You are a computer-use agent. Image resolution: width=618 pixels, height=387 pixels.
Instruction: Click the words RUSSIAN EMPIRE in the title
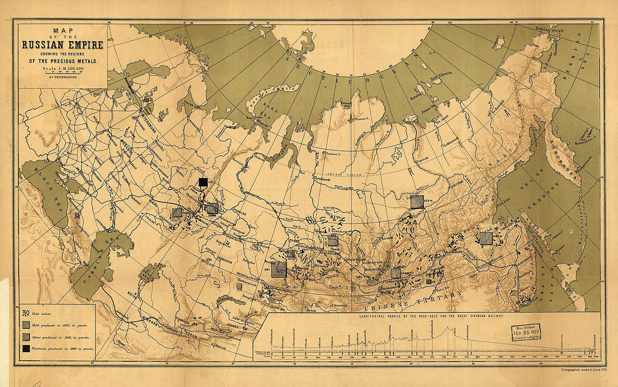(62, 44)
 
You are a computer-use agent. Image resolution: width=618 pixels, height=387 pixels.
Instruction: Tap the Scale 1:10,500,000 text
(62, 69)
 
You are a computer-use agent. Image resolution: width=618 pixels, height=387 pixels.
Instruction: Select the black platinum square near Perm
(203, 181)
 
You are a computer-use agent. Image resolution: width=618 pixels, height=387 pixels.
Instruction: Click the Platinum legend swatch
(26, 349)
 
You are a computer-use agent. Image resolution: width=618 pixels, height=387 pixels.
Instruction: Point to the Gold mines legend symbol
(26, 312)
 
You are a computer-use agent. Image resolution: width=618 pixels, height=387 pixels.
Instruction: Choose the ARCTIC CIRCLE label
(337, 169)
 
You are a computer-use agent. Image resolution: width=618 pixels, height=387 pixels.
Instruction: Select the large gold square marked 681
(279, 269)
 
